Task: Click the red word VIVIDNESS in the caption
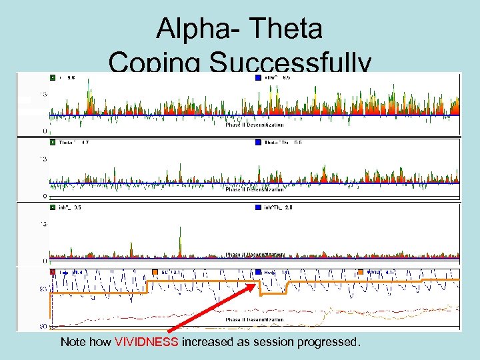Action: pyautogui.click(x=146, y=342)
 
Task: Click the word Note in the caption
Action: pyautogui.click(x=73, y=342)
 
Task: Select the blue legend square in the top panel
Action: pyautogui.click(x=259, y=78)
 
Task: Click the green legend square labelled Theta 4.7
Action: pyautogui.click(x=53, y=142)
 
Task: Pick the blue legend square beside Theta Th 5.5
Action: pyautogui.click(x=259, y=142)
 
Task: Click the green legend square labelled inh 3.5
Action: pyautogui.click(x=53, y=207)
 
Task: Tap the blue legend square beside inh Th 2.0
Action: pyautogui.click(x=259, y=207)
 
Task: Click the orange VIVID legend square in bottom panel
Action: pyautogui.click(x=360, y=272)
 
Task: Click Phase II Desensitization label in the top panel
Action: pyautogui.click(x=254, y=125)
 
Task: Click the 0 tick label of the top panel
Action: pyautogui.click(x=45, y=131)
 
